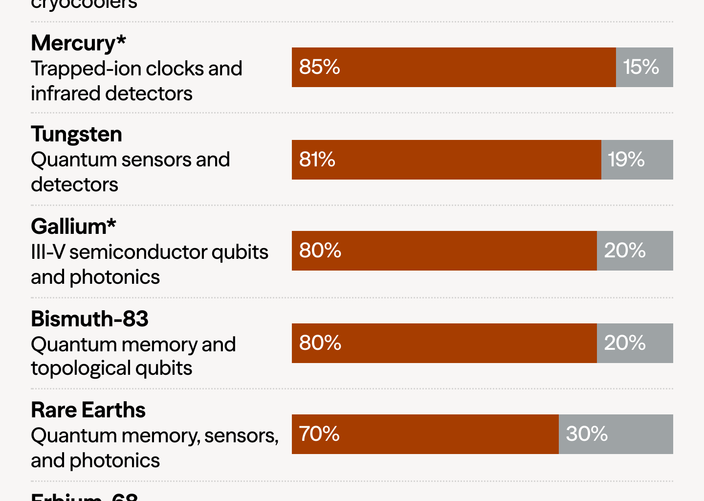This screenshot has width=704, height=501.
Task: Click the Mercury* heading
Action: (78, 44)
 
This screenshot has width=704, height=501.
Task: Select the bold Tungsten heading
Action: (76, 135)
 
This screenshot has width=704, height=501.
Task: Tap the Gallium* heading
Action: (73, 227)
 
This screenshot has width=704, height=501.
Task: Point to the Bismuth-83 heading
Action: (89, 319)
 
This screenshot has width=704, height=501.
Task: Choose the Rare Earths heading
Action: (88, 410)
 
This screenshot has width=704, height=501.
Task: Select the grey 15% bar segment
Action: (644, 68)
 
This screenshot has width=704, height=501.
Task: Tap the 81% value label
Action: (317, 159)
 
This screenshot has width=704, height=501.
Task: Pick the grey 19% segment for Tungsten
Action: (637, 159)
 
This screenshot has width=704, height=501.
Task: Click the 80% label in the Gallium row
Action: (320, 250)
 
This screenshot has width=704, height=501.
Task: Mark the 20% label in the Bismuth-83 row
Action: (625, 343)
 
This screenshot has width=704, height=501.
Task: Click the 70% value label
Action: (319, 434)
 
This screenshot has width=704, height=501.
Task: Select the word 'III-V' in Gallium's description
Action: (47, 252)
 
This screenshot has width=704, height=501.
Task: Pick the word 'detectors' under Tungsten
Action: (74, 185)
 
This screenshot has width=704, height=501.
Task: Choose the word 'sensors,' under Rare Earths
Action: (242, 436)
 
